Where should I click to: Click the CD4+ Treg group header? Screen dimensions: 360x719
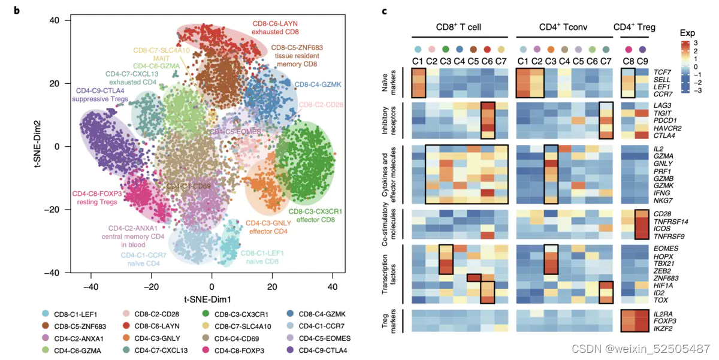pyautogui.click(x=634, y=28)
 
